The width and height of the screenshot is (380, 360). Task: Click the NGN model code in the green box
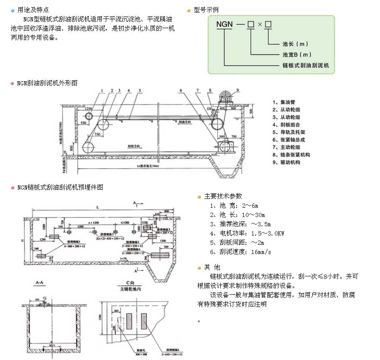coord(224,24)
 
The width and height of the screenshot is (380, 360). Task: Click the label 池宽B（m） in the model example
coord(297,55)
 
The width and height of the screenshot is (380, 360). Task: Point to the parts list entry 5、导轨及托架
coord(288,132)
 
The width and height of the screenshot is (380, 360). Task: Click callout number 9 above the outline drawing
coord(237,90)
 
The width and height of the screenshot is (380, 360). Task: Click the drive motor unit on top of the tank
coord(227,98)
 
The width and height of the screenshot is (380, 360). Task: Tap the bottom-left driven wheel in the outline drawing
coord(88,147)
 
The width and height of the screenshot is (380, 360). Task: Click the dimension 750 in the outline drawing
coord(98,134)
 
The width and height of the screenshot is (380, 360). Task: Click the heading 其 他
coord(212,267)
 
